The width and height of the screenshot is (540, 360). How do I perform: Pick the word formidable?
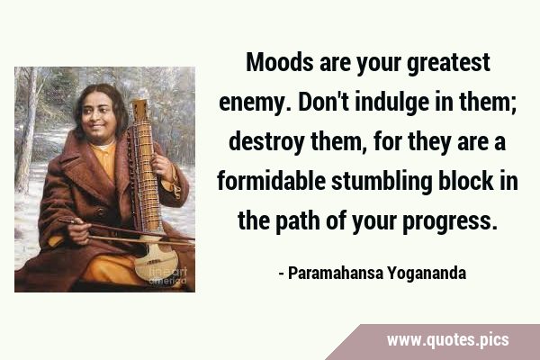(271, 182)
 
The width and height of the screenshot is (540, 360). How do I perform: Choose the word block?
(465, 182)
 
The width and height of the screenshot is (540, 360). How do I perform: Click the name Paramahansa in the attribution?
(335, 273)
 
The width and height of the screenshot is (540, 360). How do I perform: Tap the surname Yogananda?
(427, 274)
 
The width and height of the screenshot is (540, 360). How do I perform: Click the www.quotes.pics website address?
(447, 340)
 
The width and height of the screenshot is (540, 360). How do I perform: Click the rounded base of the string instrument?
(157, 262)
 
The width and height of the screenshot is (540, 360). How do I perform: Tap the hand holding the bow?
(78, 229)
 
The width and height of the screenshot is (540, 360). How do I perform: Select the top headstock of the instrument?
(140, 110)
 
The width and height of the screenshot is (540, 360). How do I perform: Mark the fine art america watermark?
(167, 276)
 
